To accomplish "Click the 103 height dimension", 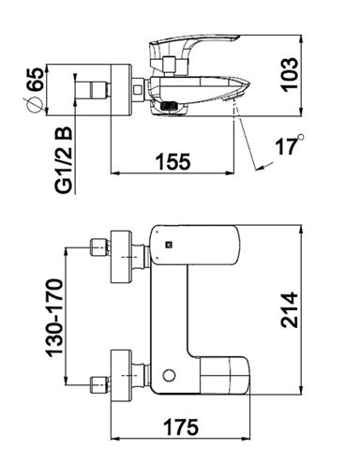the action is pos(290,75).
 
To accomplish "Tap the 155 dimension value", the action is pos(172,161).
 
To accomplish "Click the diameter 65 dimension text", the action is pos(34,80).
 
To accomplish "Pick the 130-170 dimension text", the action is pos(54,318).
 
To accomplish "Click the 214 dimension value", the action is pos(289,309).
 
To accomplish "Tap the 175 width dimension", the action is pos(181,427).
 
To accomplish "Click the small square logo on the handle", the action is pos(169,246).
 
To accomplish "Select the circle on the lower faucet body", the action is pos(169,375).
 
